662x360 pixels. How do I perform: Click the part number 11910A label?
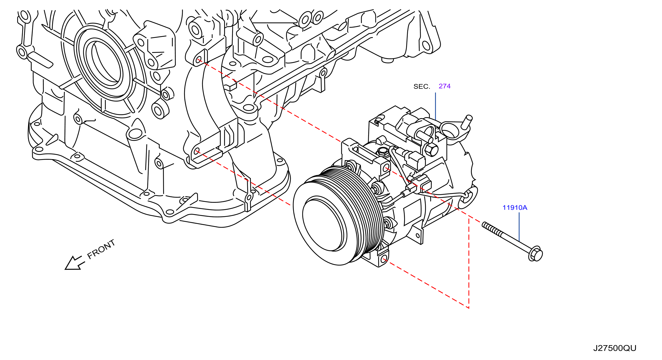515,208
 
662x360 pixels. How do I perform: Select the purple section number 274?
445,86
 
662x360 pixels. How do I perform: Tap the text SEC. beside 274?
422,87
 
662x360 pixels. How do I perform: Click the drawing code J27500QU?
615,348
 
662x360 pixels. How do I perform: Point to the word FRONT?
101,249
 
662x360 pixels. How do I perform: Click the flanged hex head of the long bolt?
536,254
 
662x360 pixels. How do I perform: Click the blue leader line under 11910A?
519,227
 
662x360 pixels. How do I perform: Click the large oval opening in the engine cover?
105,63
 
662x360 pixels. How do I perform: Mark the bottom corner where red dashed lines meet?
469,308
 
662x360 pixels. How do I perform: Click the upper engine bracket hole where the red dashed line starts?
198,60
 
